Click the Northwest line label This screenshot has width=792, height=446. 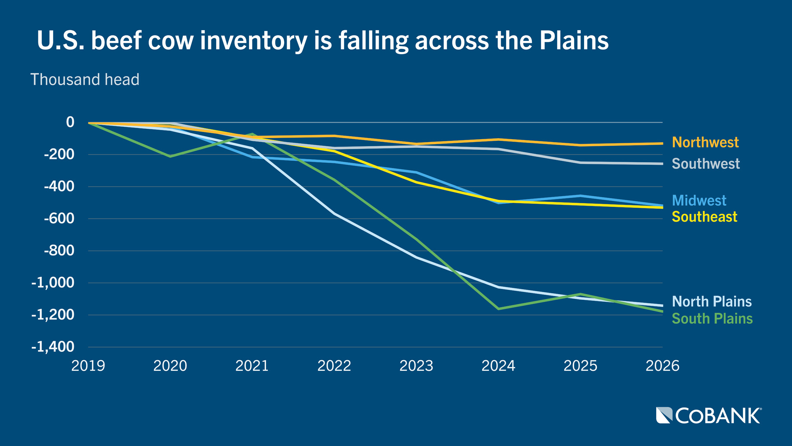click(705, 142)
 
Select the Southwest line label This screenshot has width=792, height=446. click(705, 164)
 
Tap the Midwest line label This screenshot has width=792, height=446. click(699, 201)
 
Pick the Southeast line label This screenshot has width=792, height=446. click(704, 217)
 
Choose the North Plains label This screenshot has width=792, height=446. click(712, 302)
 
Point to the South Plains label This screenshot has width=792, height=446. click(712, 319)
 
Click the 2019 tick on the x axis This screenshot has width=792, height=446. click(88, 366)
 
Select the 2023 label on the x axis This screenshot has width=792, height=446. click(416, 366)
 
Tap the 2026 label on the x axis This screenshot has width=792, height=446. click(662, 366)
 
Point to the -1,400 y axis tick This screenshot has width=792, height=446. click(53, 347)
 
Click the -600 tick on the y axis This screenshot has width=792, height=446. click(59, 218)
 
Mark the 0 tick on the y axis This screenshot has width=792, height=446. click(70, 122)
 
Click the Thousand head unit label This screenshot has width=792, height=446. click(85, 80)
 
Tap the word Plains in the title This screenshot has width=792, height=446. click(574, 41)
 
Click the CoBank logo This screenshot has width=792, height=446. click(709, 415)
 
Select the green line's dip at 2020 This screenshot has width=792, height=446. click(170, 157)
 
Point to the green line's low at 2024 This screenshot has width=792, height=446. click(498, 309)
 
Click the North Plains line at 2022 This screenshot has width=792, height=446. click(335, 214)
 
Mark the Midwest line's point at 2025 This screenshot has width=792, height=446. click(580, 196)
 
